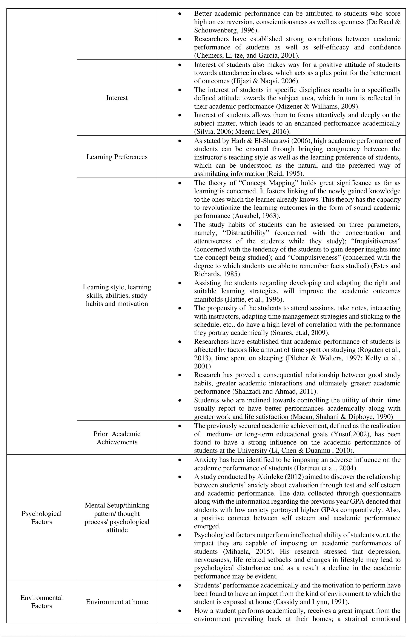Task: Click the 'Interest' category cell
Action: pyautogui.click(x=117, y=98)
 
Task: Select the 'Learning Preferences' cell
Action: pyautogui.click(x=117, y=157)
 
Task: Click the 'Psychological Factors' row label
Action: pyautogui.click(x=41, y=518)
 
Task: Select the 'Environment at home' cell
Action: pyautogui.click(x=117, y=602)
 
